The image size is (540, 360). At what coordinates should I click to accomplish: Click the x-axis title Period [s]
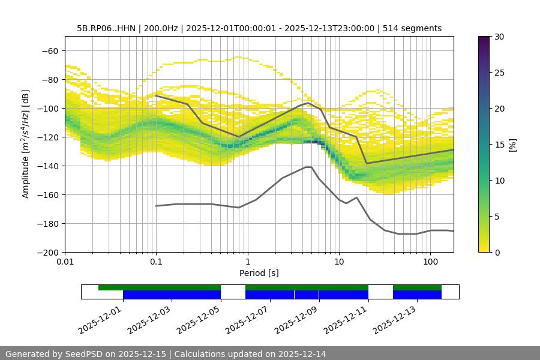click(259, 273)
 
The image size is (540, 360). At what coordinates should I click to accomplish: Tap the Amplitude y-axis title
click(26, 144)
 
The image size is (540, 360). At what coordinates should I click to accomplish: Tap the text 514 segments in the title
click(414, 28)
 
